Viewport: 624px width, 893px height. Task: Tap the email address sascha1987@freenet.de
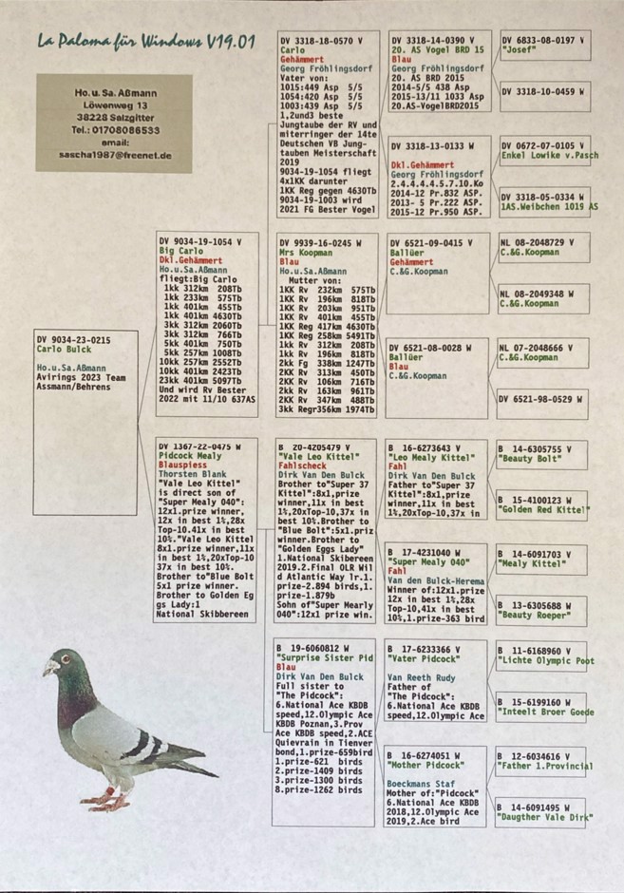(x=114, y=153)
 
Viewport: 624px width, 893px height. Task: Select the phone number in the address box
(x=114, y=129)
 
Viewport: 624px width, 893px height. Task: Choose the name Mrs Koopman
(x=305, y=254)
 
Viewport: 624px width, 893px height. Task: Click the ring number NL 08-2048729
(x=538, y=242)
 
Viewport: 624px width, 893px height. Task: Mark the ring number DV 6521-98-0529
(x=539, y=400)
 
